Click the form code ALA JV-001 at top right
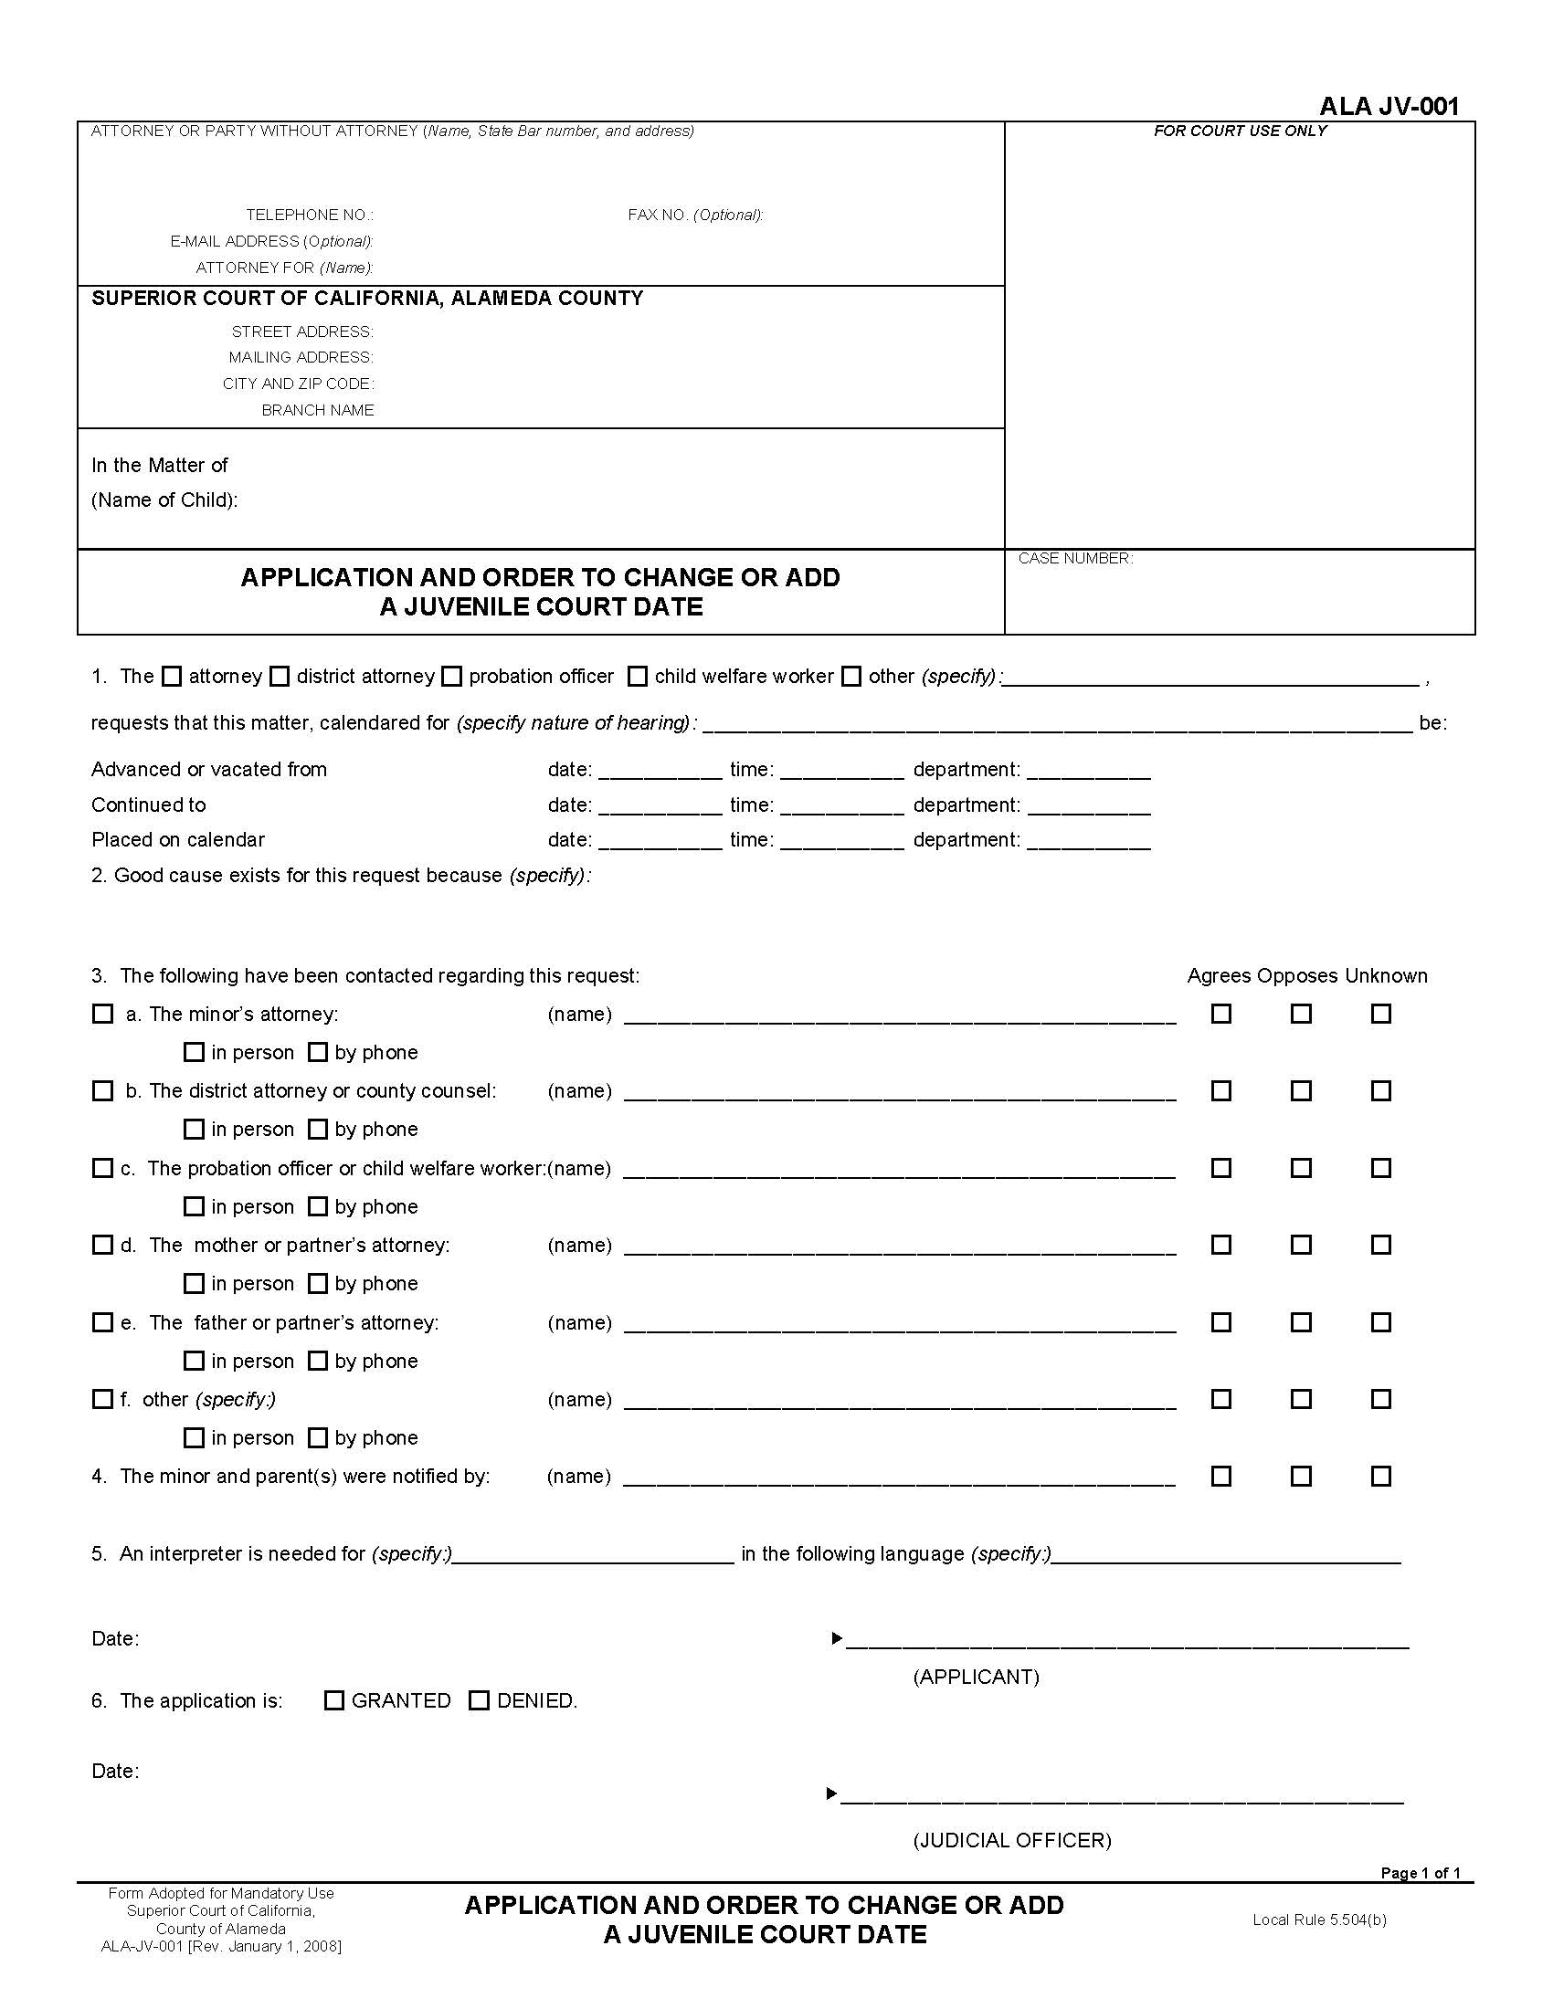click(x=1389, y=107)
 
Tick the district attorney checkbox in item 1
click(x=280, y=677)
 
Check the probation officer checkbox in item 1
click(x=450, y=677)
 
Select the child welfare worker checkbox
click(x=637, y=677)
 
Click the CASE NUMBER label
click(x=1074, y=558)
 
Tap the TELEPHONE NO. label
click(x=309, y=215)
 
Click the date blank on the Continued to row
click(x=660, y=805)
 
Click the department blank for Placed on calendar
click(x=1088, y=841)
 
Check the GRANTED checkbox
click(x=334, y=1701)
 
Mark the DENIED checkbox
click(x=479, y=1701)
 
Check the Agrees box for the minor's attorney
click(x=1220, y=1014)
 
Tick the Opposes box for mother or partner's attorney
click(x=1301, y=1245)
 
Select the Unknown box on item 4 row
click(x=1381, y=1477)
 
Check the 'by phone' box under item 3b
click(x=317, y=1129)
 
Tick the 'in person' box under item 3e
click(x=193, y=1361)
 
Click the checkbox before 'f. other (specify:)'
click(x=102, y=1399)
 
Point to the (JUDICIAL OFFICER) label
click(x=1012, y=1840)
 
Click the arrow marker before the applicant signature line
click(x=836, y=1638)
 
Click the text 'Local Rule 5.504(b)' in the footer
click(x=1318, y=1920)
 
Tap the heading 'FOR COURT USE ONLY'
click(x=1240, y=131)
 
